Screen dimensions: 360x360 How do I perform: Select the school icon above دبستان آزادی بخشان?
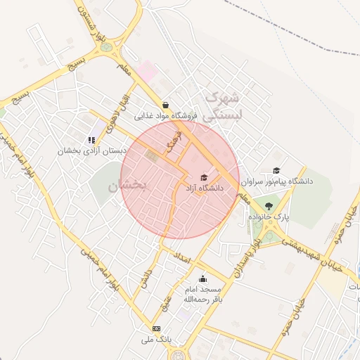pos(91,139)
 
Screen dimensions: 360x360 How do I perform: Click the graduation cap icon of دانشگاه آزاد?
pos(205,177)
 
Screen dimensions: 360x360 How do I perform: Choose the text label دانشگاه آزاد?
pos(203,188)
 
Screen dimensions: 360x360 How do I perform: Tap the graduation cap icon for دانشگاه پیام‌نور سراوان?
pos(276,170)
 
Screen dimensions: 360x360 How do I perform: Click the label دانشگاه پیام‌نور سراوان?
pos(276,181)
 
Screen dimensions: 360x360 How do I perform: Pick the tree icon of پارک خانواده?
pos(269,205)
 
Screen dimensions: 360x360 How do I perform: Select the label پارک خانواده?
pos(268,217)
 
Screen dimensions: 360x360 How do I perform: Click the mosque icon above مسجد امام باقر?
pos(202,278)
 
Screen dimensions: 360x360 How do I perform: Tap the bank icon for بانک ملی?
pos(155,328)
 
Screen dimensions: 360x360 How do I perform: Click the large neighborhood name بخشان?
pos(127,186)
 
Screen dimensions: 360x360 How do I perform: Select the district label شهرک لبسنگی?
pos(221,105)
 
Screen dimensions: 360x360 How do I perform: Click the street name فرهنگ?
pos(174,143)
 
